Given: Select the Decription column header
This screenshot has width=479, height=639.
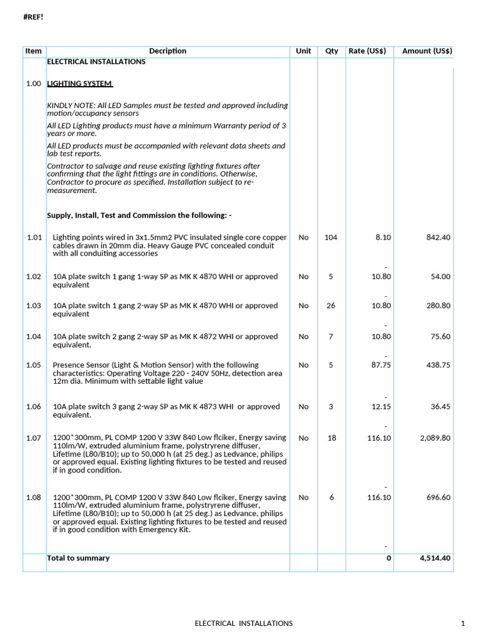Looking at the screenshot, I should click(x=167, y=51).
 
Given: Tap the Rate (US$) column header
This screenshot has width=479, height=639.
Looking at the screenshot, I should click(x=367, y=51).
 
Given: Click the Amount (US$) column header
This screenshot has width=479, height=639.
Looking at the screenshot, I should click(x=427, y=51).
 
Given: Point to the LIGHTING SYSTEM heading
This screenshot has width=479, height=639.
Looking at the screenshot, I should click(x=80, y=84).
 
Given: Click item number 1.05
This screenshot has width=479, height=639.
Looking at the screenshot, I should click(x=34, y=365).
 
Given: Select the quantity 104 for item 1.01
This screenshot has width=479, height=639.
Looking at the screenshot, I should click(x=331, y=238).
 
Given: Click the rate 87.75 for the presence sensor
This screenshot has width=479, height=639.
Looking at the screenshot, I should click(x=381, y=365).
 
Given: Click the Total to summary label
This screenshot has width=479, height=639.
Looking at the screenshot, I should click(x=79, y=559).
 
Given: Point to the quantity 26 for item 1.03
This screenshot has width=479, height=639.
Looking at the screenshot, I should click(x=331, y=306).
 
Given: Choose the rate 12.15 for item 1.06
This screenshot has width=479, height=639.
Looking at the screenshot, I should click(x=381, y=407).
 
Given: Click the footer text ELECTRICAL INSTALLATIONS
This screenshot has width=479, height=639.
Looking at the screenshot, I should click(x=243, y=623).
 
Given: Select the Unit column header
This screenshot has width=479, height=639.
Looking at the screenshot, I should click(x=303, y=51).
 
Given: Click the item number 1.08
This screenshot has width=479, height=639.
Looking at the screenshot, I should click(x=34, y=497).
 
